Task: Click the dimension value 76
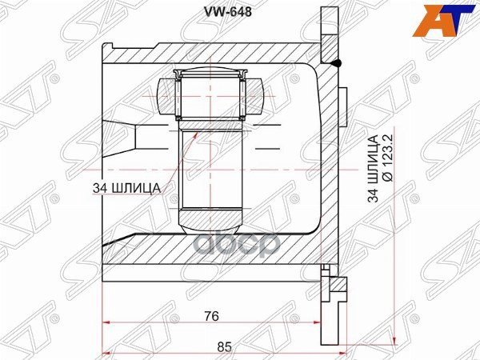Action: (211, 315)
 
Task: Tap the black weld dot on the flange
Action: (337, 63)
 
